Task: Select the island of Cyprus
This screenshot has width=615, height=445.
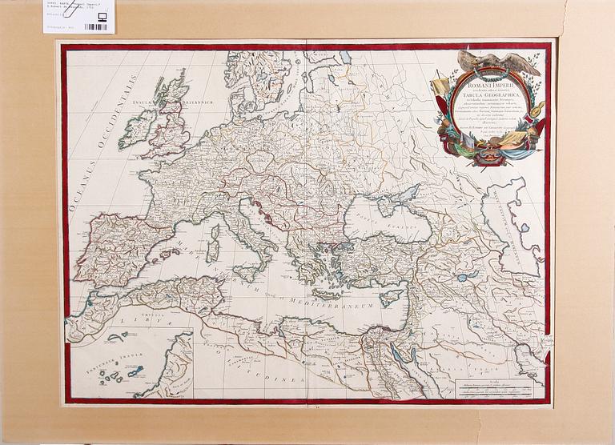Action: pyautogui.click(x=390, y=298)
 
